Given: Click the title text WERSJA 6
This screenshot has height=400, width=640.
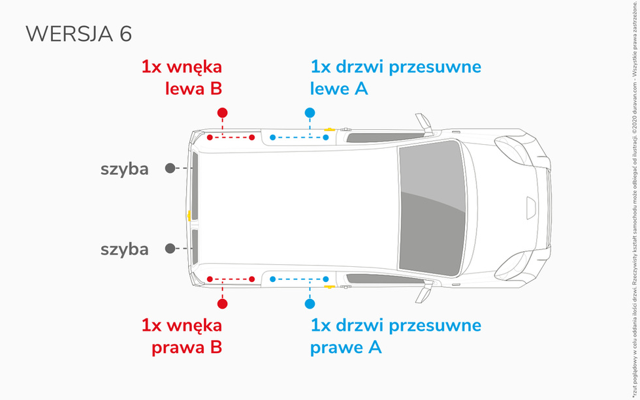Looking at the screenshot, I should pyautogui.click(x=78, y=34).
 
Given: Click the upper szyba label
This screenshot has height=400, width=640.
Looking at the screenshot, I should pyautogui.click(x=124, y=169).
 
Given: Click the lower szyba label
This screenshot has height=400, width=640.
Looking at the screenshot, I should pyautogui.click(x=124, y=249).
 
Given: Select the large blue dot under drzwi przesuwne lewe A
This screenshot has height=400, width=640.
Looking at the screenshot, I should pyautogui.click(x=310, y=113).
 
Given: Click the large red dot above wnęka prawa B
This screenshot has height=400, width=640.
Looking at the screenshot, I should pyautogui.click(x=223, y=303).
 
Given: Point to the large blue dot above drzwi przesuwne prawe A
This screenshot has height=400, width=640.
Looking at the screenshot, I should pyautogui.click(x=310, y=303).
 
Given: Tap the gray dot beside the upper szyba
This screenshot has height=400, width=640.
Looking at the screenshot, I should pyautogui.click(x=170, y=168).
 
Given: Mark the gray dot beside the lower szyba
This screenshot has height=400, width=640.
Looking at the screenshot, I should pyautogui.click(x=170, y=249).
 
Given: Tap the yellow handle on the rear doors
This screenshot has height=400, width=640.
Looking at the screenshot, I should pyautogui.click(x=207, y=215).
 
